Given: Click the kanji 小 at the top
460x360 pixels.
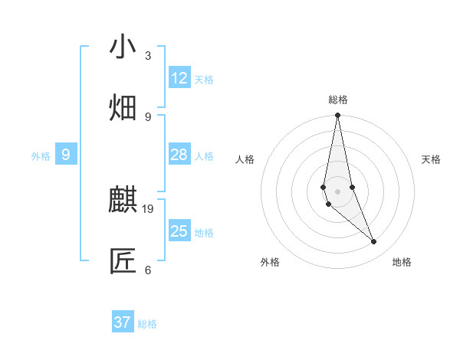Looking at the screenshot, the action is pos(123,47).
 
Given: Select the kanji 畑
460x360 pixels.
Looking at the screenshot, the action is pos(123,108).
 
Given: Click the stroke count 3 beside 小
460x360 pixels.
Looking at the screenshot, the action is pos(148,56).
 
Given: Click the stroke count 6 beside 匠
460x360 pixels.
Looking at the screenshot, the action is pos(148,270).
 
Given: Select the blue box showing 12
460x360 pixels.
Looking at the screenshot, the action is pos(179,78).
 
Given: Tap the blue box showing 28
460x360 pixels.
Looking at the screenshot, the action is pos(179,155).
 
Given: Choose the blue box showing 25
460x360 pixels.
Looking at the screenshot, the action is pos(179,231).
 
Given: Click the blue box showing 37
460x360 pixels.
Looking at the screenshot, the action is pos(123,322).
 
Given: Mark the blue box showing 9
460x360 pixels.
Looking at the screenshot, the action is pos(66,155).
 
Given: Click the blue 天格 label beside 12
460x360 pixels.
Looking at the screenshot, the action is pos(204,80).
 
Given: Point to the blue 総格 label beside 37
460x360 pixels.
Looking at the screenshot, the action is pos(147,324).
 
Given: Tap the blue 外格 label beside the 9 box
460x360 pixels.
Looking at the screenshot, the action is pos(41,156).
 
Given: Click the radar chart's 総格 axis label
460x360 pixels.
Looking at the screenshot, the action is pos(338,100).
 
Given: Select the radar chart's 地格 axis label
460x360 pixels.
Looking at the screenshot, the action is pos(402,262).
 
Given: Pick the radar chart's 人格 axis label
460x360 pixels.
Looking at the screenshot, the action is pos(245,159).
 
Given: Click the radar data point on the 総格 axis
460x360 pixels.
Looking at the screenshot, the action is pos(337,116).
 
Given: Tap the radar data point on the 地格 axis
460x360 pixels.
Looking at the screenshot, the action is pos(374,242).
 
